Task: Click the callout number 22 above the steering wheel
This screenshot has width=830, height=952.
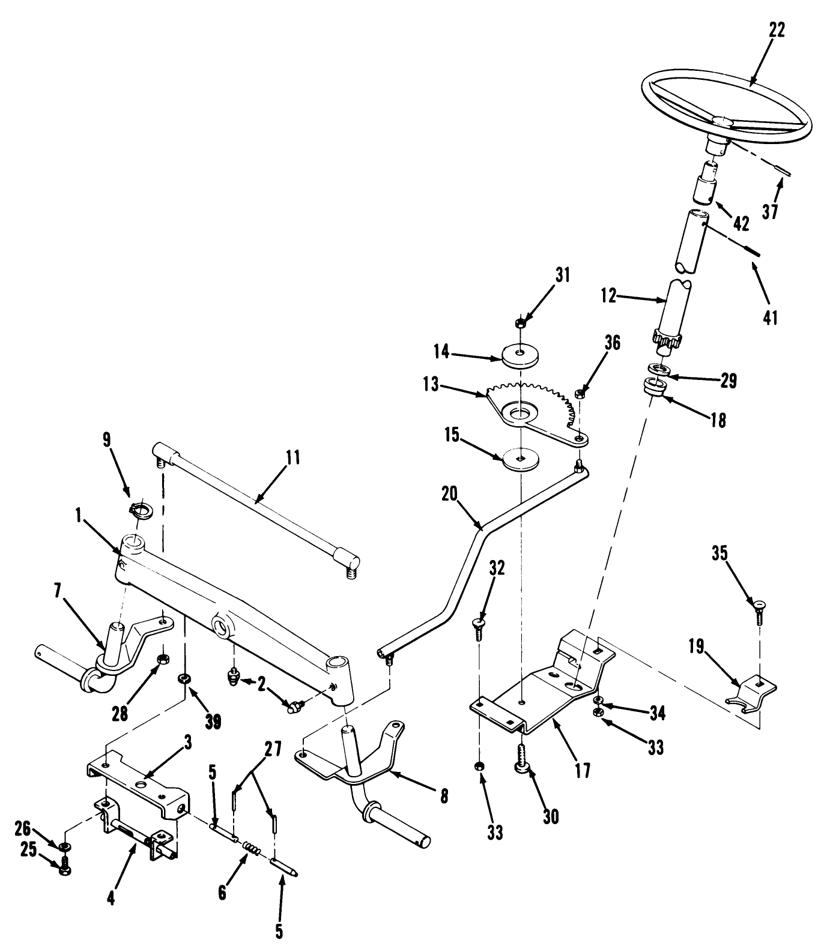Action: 776,29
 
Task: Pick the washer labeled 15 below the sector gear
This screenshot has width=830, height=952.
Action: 520,460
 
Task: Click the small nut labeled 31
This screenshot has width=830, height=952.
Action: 521,324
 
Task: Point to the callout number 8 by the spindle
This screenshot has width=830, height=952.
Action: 443,796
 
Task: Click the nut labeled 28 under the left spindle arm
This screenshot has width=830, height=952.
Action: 161,661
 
